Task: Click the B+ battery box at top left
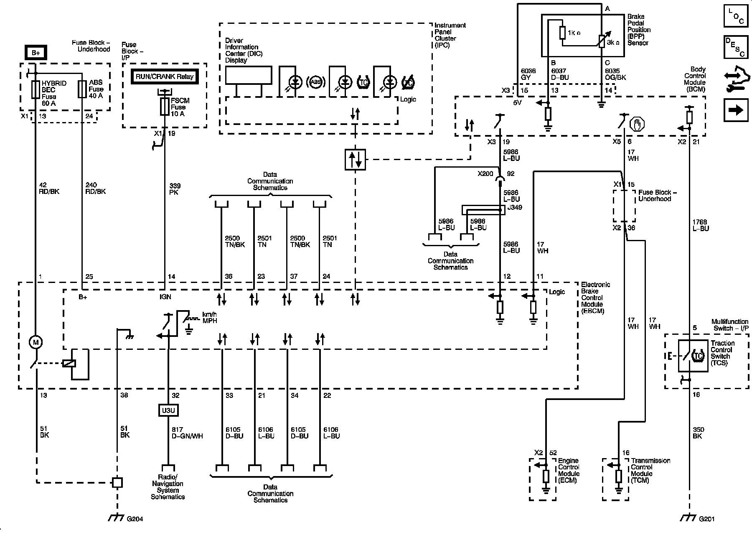coord(36,53)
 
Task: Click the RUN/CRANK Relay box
coord(164,77)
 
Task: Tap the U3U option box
coord(168,410)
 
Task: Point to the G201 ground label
coord(706,519)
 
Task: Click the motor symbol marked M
coord(36,342)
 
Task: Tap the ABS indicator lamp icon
coord(316,82)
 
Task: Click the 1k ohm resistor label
coord(574,33)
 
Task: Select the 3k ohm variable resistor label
coord(613,42)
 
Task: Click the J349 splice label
coord(514,207)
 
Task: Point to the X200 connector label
coord(485,174)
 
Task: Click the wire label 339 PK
coord(175,189)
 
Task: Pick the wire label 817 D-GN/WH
coord(187,433)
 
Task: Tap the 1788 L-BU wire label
coord(700,225)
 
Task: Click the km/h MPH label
coord(210,317)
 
